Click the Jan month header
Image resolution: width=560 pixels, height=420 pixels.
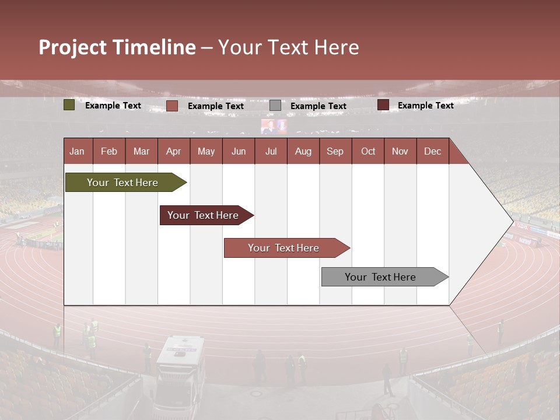(77, 151)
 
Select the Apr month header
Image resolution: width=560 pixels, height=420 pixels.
(173, 151)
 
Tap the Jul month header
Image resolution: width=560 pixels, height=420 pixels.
(271, 151)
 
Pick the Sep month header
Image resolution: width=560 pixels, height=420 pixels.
(335, 151)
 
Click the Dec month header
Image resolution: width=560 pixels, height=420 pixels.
(432, 151)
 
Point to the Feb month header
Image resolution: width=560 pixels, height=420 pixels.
(109, 151)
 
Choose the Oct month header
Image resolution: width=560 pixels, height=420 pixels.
(368, 151)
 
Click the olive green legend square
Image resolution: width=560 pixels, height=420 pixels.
(69, 106)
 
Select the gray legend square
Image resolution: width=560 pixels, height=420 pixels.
(275, 106)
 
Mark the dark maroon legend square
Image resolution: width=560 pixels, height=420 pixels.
(383, 105)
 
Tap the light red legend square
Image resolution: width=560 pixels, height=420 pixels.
(172, 106)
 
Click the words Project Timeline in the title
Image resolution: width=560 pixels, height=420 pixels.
(117, 47)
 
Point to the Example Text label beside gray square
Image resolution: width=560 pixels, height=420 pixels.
(318, 106)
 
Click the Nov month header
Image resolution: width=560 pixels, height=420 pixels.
(400, 151)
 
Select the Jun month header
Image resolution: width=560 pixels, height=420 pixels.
(238, 151)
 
